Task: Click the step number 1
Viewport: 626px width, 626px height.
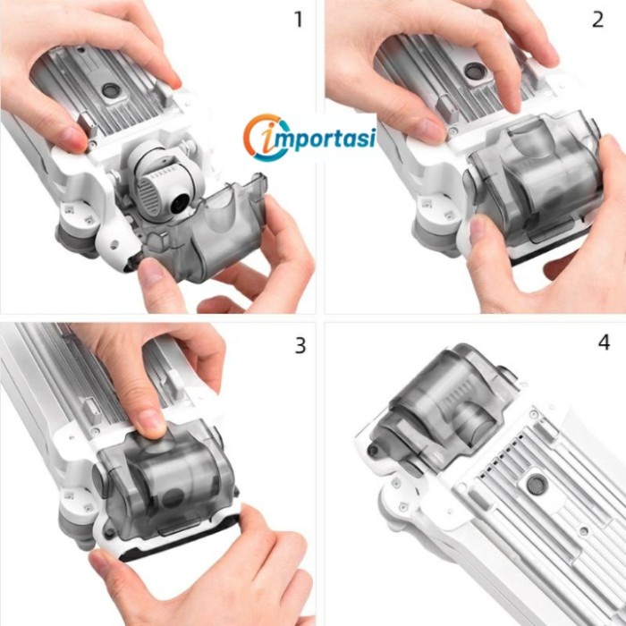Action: coord(298,19)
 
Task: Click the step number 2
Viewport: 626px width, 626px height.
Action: coord(597,19)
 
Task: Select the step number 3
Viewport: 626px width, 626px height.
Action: coord(300,346)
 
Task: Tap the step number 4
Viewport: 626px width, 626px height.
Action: coord(604,343)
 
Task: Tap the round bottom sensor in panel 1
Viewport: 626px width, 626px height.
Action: coord(110,90)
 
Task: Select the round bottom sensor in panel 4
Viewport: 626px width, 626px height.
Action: coord(536,485)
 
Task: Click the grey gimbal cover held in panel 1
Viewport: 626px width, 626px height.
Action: coord(206,232)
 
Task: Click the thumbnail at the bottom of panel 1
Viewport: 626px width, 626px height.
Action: coord(151,272)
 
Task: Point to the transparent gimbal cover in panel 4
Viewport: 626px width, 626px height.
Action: coord(444,403)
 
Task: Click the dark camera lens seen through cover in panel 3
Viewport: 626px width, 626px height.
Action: coord(173,497)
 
